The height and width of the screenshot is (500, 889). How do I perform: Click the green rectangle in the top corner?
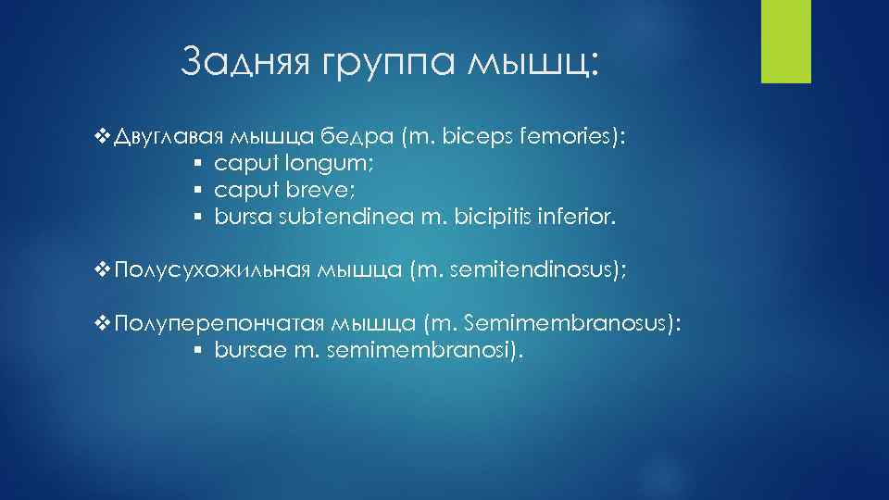point(785,41)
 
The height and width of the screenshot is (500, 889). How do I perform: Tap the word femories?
point(570,138)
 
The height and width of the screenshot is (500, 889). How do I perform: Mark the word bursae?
point(244,350)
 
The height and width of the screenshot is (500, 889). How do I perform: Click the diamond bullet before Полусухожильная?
point(103,270)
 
